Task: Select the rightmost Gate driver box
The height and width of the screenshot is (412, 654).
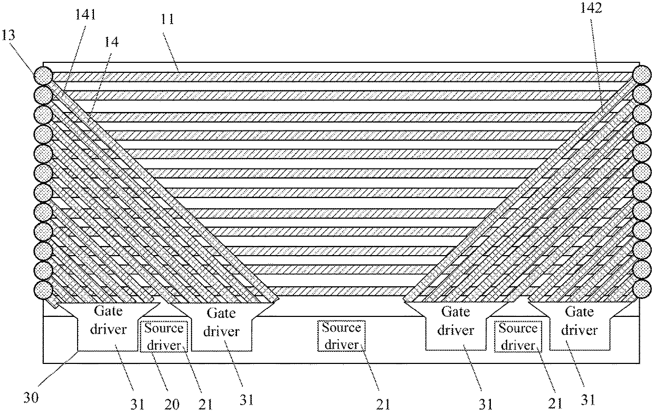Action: [x=580, y=322]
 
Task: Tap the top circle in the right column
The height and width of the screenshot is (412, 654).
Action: [x=643, y=73]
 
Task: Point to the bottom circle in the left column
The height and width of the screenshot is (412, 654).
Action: [x=43, y=290]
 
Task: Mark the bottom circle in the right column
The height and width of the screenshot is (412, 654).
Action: [x=643, y=288]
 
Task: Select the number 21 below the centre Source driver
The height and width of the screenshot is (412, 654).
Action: [x=384, y=404]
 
